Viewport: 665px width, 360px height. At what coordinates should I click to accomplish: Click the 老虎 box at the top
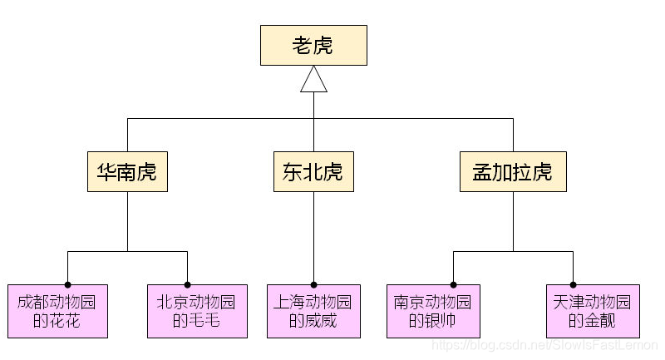313,45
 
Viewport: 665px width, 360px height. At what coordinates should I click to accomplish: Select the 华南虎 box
127,172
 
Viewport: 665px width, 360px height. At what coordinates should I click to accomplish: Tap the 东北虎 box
313,172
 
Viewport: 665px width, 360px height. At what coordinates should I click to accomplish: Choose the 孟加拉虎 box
513,172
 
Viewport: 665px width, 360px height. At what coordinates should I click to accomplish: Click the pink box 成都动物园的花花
57,311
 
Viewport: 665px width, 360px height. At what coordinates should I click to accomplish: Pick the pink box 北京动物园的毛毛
197,311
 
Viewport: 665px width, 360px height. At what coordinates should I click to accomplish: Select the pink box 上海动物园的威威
313,311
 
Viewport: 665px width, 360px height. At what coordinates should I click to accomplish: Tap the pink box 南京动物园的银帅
433,311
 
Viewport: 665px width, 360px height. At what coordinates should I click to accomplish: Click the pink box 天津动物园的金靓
593,311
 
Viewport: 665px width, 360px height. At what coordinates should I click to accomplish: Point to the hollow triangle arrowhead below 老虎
313,80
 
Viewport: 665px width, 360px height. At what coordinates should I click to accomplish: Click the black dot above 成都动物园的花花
67,284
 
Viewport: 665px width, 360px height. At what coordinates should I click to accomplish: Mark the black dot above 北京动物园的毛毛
187,284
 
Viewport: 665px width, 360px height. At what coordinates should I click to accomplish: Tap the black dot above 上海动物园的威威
313,284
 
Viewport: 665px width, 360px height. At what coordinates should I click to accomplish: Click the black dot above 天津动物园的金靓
573,284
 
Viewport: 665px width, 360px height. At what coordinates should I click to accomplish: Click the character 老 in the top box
302,45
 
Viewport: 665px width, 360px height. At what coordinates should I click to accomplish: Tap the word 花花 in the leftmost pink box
66,321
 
